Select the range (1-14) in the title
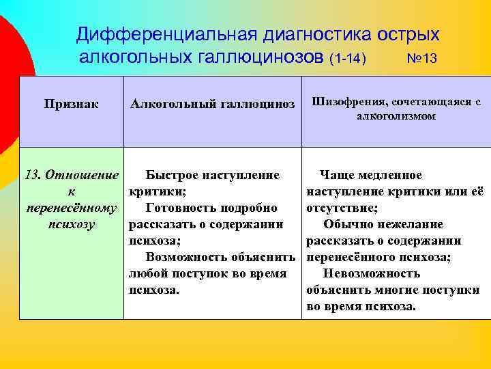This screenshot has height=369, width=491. pyautogui.click(x=348, y=58)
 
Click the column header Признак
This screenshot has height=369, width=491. pyautogui.click(x=71, y=104)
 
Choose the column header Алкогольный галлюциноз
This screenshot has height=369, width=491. pyautogui.click(x=212, y=104)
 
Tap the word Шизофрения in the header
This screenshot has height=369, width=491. pyautogui.click(x=347, y=101)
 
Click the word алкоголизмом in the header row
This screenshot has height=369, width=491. pyautogui.click(x=396, y=116)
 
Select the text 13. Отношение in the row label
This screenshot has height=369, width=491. pyautogui.click(x=71, y=175)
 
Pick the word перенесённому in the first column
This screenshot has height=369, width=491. pyautogui.click(x=71, y=208)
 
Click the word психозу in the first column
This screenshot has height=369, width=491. pyautogui.click(x=71, y=224)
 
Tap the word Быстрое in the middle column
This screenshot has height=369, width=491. pyautogui.click(x=170, y=175)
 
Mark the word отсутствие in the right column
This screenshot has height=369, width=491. pyautogui.click(x=343, y=208)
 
